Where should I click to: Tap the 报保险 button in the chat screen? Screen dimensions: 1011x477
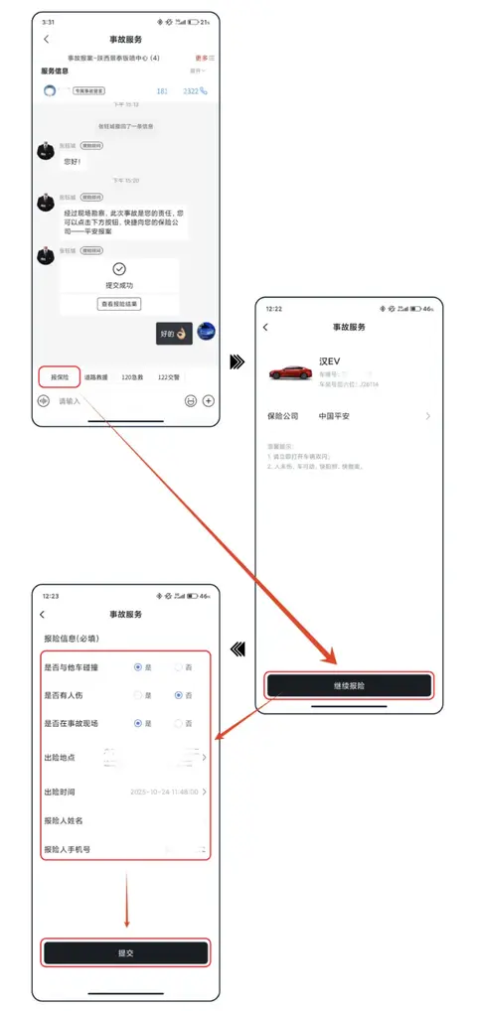[59, 377]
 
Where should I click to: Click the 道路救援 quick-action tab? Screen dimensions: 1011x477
[96, 377]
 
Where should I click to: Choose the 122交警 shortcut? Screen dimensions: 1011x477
[170, 377]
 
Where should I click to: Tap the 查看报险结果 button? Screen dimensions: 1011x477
[119, 303]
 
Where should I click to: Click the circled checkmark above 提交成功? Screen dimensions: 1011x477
[119, 269]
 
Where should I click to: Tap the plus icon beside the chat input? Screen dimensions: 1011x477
[209, 401]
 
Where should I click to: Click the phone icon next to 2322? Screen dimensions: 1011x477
[204, 91]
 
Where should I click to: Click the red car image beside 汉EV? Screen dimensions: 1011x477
[289, 373]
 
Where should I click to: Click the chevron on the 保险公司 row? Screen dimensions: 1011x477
[428, 416]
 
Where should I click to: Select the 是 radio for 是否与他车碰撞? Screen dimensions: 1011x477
[138, 667]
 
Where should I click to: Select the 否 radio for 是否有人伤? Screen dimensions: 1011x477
[179, 696]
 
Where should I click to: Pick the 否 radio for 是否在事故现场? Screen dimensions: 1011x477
[179, 724]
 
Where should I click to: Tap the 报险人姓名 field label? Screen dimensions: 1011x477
[64, 820]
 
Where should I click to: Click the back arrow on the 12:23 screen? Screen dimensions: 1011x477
[42, 615]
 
